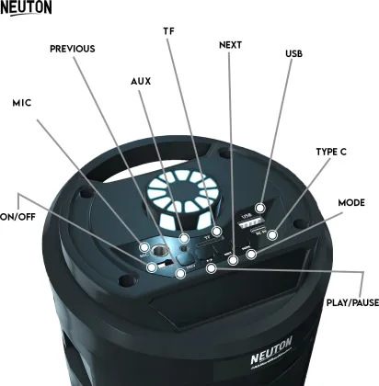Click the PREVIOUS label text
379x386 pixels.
[x=73, y=49]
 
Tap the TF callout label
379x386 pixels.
[x=168, y=30]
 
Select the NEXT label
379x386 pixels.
[x=231, y=45]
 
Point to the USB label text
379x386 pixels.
[x=294, y=54]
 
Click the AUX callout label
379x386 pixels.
[x=141, y=82]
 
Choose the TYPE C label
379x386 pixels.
[x=330, y=152]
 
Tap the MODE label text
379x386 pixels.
[x=351, y=202]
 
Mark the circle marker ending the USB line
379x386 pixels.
[x=262, y=209]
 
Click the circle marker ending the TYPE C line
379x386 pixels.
[x=272, y=223]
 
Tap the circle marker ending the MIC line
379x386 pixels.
[x=144, y=247]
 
